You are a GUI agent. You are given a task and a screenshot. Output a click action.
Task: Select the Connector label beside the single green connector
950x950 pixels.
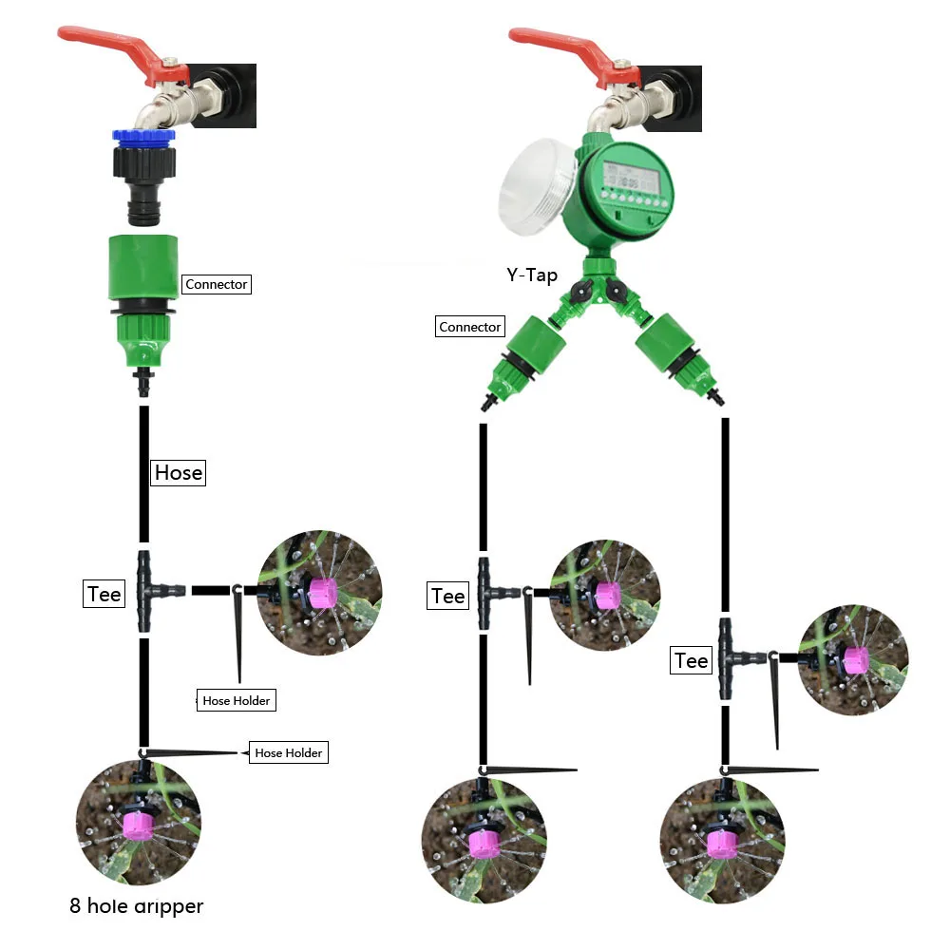(x=217, y=284)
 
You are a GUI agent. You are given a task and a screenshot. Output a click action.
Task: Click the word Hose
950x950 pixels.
(x=179, y=472)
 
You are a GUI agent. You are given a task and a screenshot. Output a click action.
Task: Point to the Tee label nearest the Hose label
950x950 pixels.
(x=104, y=594)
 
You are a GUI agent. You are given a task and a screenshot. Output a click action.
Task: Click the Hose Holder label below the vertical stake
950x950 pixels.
(x=237, y=701)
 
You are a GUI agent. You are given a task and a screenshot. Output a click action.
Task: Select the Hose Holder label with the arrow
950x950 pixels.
(x=289, y=752)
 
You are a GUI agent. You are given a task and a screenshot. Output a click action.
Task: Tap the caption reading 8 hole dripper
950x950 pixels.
(x=136, y=906)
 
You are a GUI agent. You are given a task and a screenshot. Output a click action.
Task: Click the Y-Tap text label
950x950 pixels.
(x=532, y=275)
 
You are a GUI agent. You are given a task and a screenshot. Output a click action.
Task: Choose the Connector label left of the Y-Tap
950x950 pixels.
(x=469, y=327)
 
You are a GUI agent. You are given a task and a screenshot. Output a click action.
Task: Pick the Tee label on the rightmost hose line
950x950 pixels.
(x=692, y=660)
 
